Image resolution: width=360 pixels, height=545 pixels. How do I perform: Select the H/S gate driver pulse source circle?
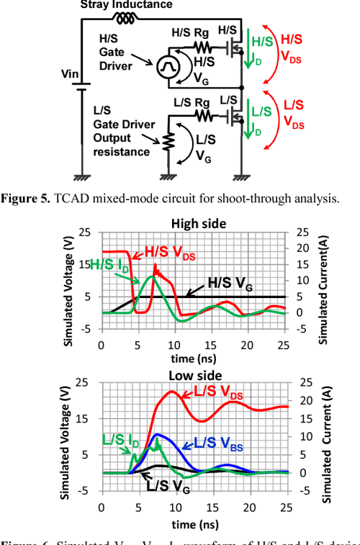click(161, 68)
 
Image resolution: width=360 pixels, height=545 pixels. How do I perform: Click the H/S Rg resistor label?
click(190, 34)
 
